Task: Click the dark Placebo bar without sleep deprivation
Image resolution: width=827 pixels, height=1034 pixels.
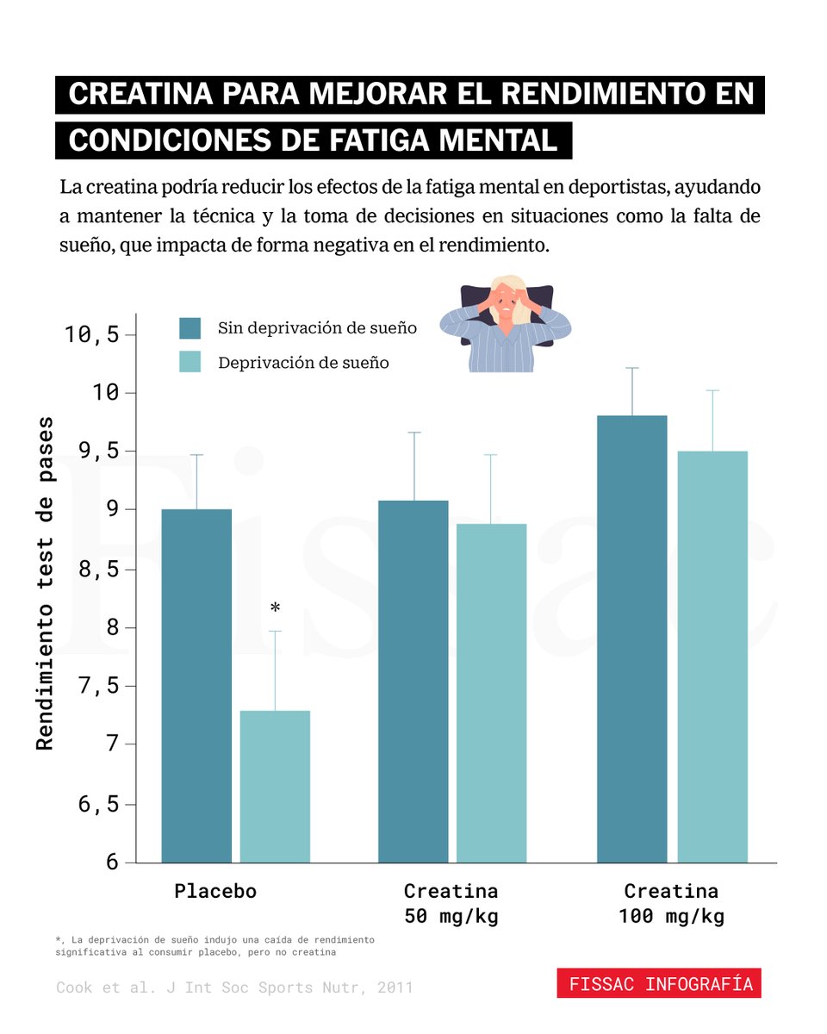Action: click(196, 685)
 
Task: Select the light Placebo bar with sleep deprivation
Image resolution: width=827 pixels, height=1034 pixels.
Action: click(275, 786)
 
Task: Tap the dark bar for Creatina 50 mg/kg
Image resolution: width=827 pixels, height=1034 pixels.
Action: click(413, 681)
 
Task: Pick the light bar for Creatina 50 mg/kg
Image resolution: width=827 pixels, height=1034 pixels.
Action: click(491, 693)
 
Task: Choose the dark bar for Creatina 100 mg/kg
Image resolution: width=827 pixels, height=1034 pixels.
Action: click(631, 638)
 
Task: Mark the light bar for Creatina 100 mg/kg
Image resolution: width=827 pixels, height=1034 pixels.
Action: click(712, 656)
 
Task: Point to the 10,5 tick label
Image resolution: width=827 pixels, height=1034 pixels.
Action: click(92, 334)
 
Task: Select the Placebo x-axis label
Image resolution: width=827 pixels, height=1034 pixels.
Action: click(215, 891)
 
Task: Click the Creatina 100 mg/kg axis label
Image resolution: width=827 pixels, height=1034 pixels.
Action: click(671, 903)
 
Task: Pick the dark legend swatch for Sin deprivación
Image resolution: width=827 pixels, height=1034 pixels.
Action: click(190, 328)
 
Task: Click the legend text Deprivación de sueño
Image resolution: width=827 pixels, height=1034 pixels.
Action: click(303, 363)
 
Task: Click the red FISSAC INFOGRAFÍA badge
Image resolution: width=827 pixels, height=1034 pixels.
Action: click(658, 984)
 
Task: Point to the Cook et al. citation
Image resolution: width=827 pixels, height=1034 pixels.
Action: click(234, 987)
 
